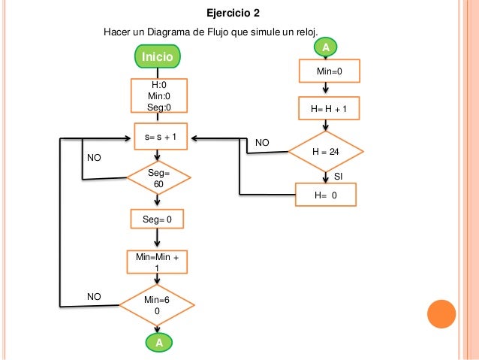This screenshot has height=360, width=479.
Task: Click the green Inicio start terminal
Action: click(158, 56)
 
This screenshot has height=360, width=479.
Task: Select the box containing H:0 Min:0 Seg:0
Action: click(159, 95)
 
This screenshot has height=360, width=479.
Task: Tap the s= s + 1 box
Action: click(161, 137)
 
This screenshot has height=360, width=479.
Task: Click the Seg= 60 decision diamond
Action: click(158, 178)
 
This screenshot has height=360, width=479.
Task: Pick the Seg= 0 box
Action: click(157, 219)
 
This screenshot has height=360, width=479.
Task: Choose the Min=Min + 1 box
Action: click(157, 262)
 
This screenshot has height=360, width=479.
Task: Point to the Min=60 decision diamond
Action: click(157, 305)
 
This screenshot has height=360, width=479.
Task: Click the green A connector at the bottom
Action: click(159, 343)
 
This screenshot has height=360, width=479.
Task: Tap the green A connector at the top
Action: click(326, 47)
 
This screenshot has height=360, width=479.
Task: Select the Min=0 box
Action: click(330, 71)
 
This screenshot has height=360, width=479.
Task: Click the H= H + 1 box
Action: click(329, 108)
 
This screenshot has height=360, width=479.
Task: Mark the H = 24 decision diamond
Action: click(326, 151)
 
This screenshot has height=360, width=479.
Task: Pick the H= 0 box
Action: click(326, 195)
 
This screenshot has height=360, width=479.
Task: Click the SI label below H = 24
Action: click(338, 177)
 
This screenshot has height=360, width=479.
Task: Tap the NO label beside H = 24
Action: click(262, 143)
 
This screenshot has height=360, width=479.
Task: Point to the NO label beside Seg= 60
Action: click(94, 158)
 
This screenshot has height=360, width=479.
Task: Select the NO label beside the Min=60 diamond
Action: click(94, 296)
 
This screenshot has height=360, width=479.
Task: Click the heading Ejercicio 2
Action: click(233, 13)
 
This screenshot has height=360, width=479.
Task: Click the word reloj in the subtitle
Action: click(307, 32)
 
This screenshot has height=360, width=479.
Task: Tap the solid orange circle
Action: click(441, 314)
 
